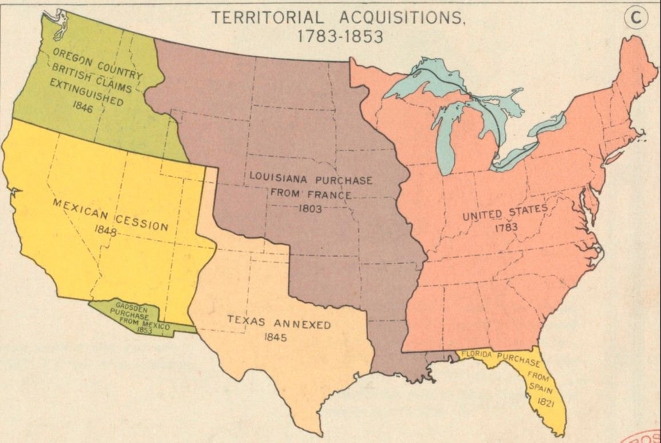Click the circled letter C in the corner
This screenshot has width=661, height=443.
635,18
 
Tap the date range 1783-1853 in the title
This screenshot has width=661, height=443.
340,35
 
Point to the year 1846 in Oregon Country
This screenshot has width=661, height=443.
83,107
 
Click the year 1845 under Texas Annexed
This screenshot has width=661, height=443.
275,337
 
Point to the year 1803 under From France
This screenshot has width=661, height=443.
310,209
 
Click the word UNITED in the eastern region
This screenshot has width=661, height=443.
484,215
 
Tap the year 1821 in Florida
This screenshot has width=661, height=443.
545,402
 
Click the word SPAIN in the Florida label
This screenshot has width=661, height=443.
539,388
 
